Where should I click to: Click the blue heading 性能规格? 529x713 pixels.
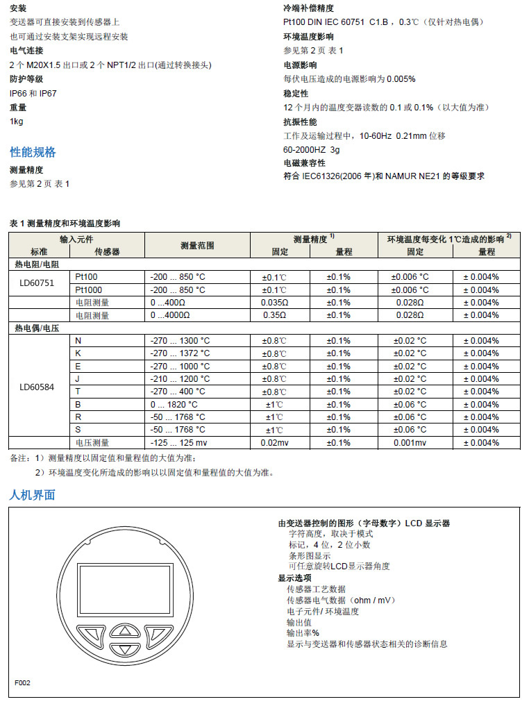point(33,152)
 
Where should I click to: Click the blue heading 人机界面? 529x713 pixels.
point(32,495)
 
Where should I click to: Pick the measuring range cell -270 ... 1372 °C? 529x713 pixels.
point(179,353)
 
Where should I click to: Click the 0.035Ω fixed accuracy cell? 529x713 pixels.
point(274,303)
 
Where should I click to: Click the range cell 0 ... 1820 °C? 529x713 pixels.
point(174,404)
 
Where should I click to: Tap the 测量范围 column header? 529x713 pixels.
point(197,245)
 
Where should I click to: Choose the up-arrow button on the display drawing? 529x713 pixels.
point(125,631)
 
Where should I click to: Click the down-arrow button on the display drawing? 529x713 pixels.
point(125,650)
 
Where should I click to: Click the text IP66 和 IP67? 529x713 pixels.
point(33,93)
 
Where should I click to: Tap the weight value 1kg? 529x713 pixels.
point(16,121)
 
